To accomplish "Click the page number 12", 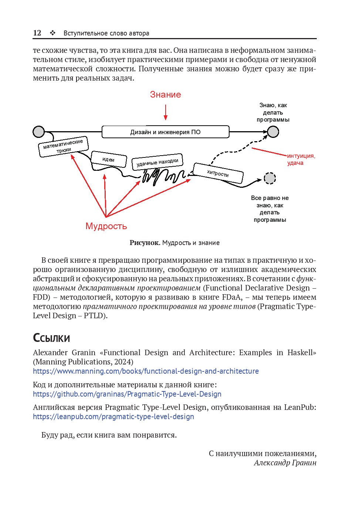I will (x=37, y=33).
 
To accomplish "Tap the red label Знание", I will (x=165, y=95).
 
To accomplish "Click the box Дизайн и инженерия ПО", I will (x=165, y=132).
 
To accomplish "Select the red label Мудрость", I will (x=106, y=226).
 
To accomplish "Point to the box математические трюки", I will (x=63, y=146).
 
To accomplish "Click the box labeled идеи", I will (x=109, y=159).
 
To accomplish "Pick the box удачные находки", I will (x=157, y=162).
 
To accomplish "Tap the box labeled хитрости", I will (x=218, y=173).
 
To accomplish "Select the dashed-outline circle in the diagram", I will (x=270, y=178).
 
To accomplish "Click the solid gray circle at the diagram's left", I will (x=39, y=132).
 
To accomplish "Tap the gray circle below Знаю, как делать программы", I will (x=273, y=132).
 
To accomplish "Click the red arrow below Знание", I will (x=166, y=112).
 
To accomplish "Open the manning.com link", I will (x=146, y=371).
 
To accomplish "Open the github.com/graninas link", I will (x=127, y=394).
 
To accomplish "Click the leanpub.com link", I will (x=113, y=417).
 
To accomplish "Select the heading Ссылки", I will (x=51, y=338).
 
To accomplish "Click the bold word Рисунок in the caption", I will (x=145, y=243).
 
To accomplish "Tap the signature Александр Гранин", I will (x=285, y=463).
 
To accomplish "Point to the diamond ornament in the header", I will (x=53, y=33).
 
